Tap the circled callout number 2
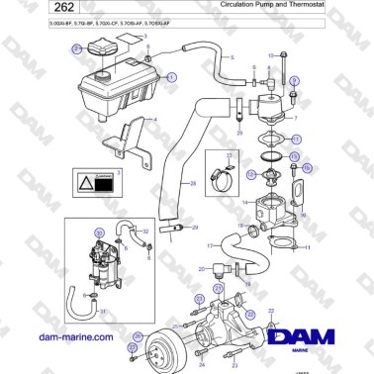click(x=77, y=47)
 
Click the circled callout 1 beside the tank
click(x=171, y=76)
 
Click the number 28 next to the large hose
click(x=193, y=183)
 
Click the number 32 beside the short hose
click(x=145, y=231)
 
